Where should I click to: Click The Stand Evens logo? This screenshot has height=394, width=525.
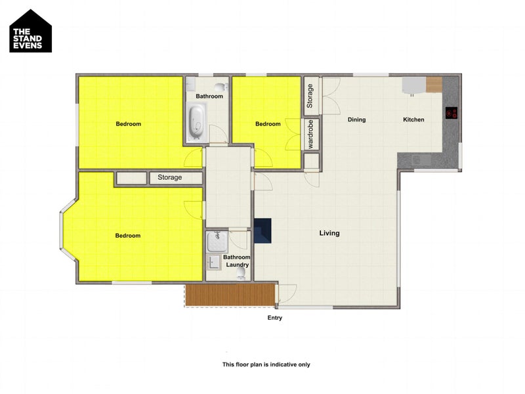click(31, 31)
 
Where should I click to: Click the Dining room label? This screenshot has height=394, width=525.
click(356, 120)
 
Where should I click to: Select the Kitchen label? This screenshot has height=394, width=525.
click(413, 120)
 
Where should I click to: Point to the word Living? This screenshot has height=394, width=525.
click(329, 233)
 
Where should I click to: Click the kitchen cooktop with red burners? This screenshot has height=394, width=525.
click(451, 114)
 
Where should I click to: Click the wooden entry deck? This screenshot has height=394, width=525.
click(230, 295)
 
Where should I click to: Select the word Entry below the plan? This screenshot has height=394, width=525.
click(275, 318)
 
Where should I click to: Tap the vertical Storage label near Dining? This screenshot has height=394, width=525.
click(310, 97)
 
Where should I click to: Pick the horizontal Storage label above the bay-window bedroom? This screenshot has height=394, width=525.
click(170, 178)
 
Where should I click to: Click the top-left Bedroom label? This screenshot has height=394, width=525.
click(129, 124)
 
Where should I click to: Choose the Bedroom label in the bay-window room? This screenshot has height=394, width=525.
click(128, 236)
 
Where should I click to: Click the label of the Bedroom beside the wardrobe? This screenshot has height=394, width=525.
click(268, 124)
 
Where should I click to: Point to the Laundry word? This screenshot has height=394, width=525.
click(237, 265)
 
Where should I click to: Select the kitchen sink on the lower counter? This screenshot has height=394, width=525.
click(419, 160)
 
